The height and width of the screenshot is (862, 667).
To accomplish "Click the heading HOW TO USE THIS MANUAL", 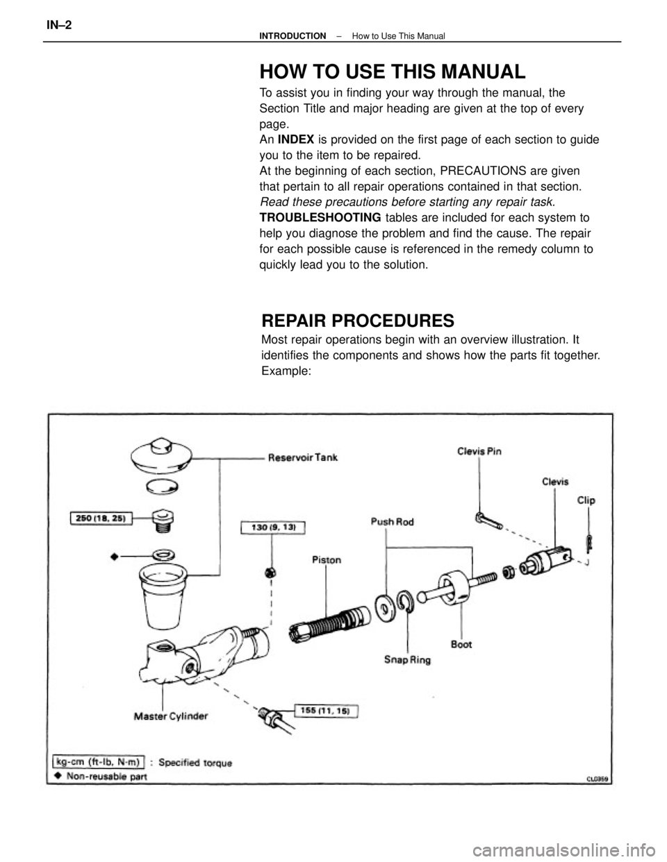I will click(x=393, y=71).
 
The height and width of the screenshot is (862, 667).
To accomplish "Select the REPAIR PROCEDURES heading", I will click(x=358, y=321).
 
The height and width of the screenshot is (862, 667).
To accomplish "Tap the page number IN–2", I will click(x=60, y=26).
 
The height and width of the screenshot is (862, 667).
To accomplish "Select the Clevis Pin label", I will click(x=479, y=450).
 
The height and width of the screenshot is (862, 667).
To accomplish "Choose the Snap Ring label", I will click(x=407, y=659).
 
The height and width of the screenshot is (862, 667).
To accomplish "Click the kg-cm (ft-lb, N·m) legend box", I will click(x=95, y=762).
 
